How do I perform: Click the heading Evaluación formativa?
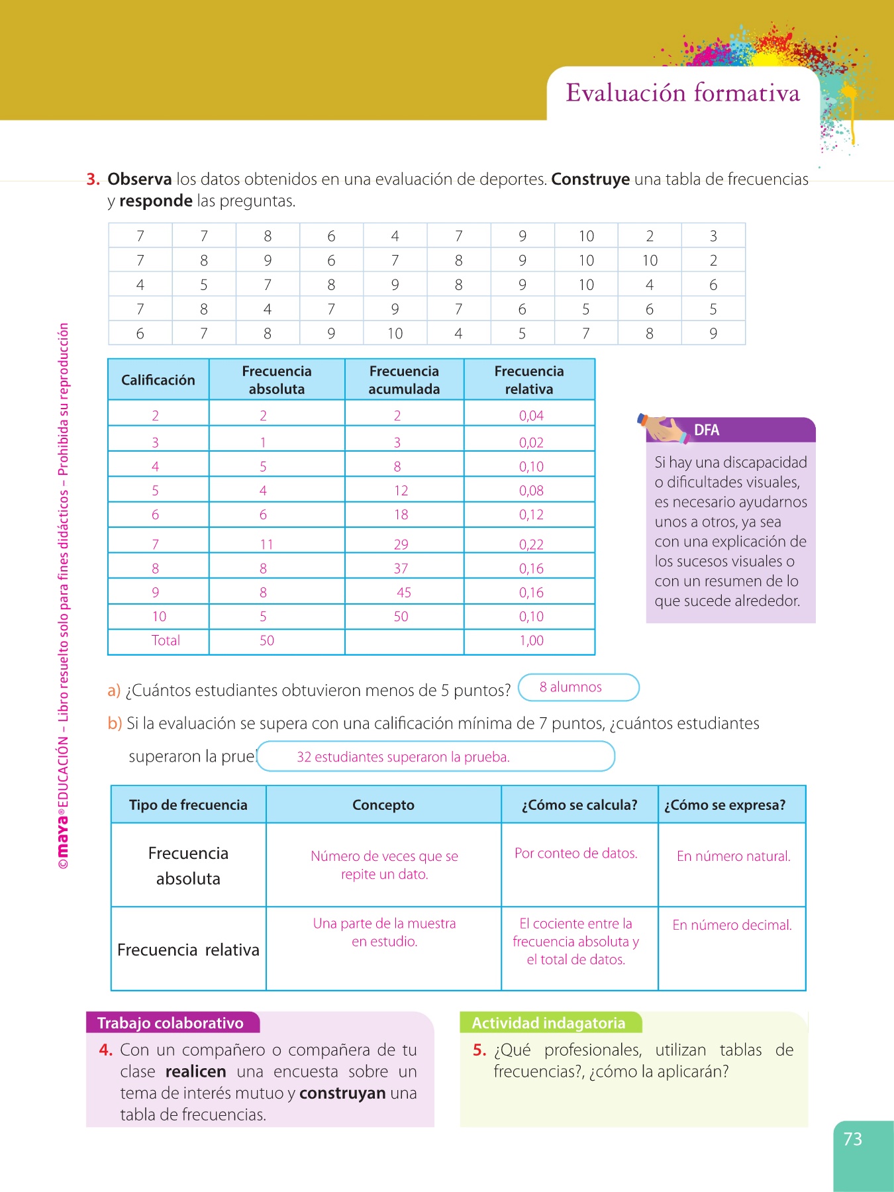click(683, 93)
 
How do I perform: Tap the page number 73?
click(852, 1139)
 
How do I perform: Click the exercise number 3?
click(93, 179)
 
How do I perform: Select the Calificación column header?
click(158, 380)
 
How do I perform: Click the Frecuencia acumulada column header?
click(404, 380)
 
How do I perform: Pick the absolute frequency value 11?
click(266, 544)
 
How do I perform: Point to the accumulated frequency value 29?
click(401, 544)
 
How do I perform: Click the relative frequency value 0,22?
click(531, 544)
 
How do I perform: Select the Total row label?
click(166, 640)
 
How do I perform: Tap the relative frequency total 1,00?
click(531, 640)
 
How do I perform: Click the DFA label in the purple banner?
click(707, 430)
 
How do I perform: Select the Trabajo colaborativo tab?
click(171, 1023)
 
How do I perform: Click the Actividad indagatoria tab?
click(548, 1023)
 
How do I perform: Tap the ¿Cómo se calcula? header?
click(579, 805)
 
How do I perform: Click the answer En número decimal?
click(732, 925)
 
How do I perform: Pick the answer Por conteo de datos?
click(576, 854)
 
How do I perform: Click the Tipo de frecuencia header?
click(188, 805)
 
